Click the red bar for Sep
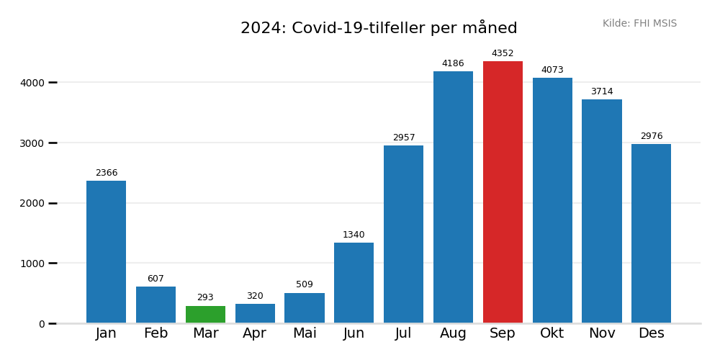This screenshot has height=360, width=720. pos(503,192)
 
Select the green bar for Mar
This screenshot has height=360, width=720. pos(205,315)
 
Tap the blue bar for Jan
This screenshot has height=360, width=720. pos(106,252)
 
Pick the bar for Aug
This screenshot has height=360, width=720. pos(453,197)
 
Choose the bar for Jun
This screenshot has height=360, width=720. pos(354,283)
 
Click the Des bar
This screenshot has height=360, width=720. pos(651,233)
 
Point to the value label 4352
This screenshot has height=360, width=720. pos(503,53)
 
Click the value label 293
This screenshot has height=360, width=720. pos(205,297)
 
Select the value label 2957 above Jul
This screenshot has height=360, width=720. pos(403,138)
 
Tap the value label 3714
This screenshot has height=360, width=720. pos(602,91)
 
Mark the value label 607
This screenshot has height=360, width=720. pos(156,279)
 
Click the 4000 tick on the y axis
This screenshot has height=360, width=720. pos(32,83)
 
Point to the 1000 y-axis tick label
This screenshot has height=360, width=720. pos(32,264)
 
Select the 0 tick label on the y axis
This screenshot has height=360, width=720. pos(41,324)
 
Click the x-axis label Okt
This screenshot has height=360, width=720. pos(552,333)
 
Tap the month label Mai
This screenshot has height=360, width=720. pos(305,333)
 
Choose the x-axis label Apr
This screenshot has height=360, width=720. pos(255,333)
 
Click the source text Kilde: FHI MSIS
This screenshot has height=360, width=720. pos(639,24)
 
